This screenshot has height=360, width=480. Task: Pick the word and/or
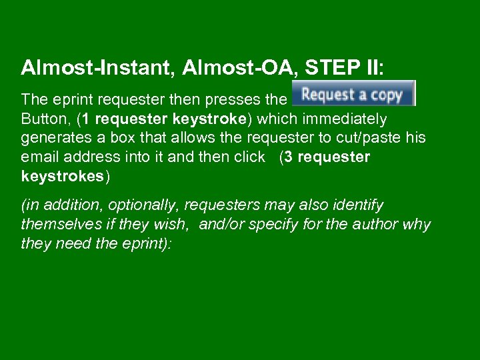(224, 225)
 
